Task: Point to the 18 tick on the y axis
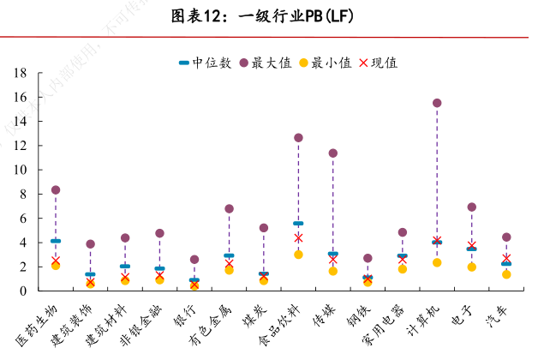(21, 74)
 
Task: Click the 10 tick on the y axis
(21, 170)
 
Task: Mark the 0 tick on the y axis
(24, 291)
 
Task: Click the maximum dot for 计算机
(437, 103)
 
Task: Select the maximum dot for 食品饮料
(298, 137)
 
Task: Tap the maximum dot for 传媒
(333, 153)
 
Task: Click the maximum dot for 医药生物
(56, 189)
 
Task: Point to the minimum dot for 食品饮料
(298, 255)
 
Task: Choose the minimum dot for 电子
(472, 267)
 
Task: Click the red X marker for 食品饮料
(298, 237)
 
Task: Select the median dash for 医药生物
(56, 241)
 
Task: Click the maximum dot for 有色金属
(229, 208)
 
